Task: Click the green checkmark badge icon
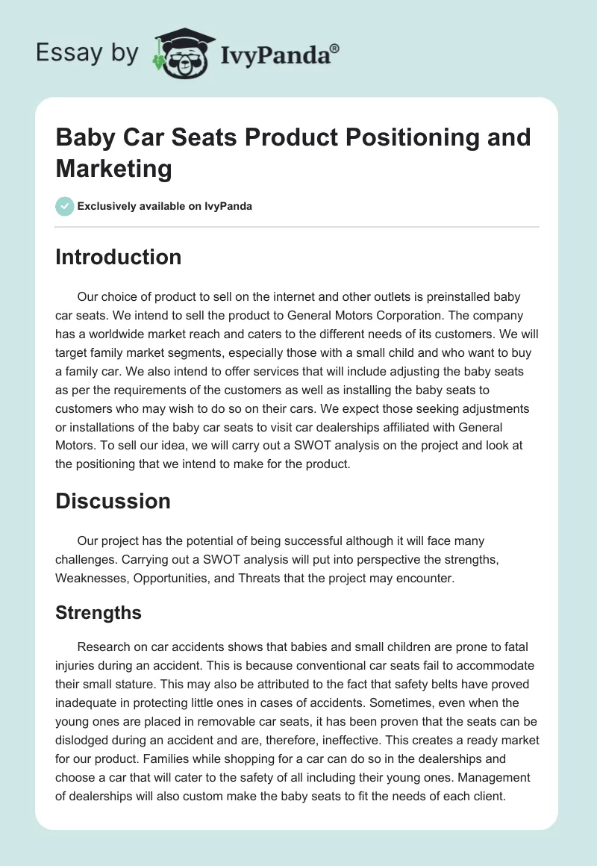click(65, 206)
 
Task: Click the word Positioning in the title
click(399, 137)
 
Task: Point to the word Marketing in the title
click(113, 168)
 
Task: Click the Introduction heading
click(118, 257)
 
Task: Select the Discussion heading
click(113, 501)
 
